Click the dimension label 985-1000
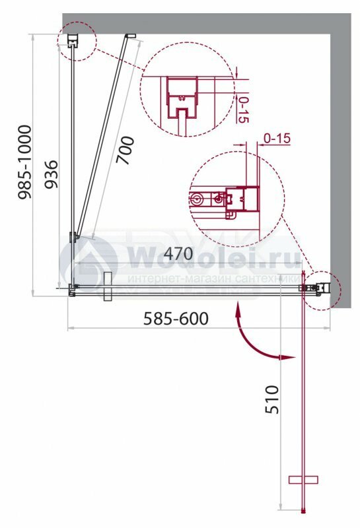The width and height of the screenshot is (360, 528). coord(24,162)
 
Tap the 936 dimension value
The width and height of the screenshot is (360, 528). coord(52,174)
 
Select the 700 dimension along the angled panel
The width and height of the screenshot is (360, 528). coord(125,150)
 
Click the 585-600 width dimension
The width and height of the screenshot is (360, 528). coord(176,319)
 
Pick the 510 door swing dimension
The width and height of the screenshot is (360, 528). coord(272,399)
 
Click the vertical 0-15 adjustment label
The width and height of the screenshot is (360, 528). coord(243,110)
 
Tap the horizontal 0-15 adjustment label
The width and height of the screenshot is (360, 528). coord(277,138)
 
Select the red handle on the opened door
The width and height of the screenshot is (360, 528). coord(303,480)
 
